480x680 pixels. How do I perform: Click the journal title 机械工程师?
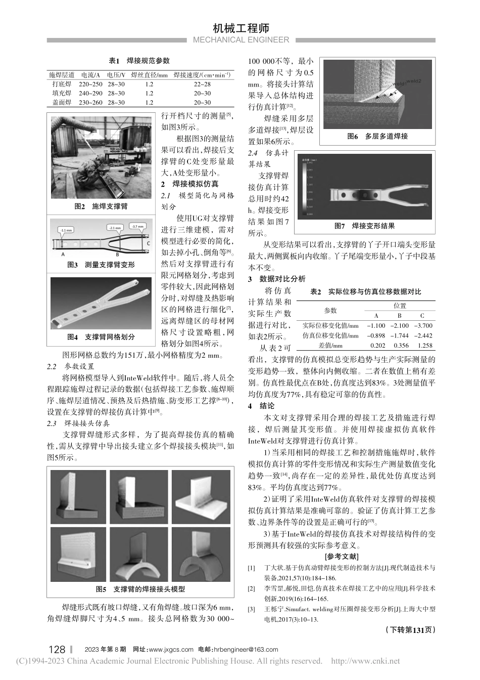point(241,28)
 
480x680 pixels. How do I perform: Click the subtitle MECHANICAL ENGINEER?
point(241,40)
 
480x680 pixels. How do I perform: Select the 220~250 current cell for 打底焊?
point(90,84)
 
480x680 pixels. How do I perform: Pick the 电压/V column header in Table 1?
point(116,75)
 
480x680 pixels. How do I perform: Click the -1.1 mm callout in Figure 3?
point(65,230)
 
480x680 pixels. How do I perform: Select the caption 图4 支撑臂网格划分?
point(101,336)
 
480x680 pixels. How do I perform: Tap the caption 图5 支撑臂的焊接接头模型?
point(140,589)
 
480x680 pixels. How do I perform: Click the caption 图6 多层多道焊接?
point(377,136)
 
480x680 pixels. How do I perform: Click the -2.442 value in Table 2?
point(422,335)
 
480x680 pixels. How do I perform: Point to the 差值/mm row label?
point(330,346)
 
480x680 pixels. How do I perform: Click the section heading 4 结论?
point(261,406)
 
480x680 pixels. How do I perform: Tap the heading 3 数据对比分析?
point(276,279)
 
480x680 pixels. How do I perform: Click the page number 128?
point(57,649)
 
